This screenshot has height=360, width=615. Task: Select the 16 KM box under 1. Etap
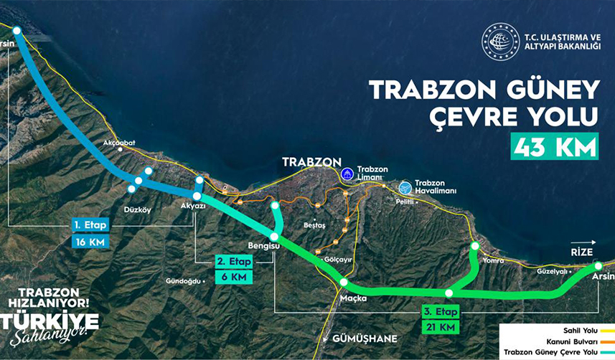point(90,242)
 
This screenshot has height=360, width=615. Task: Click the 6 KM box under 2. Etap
point(234,277)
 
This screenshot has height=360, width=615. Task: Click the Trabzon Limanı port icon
point(347,173)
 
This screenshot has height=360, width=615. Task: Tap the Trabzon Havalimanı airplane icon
point(405,187)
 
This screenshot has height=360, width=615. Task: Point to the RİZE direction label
point(581,252)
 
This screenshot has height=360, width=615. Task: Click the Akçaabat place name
point(119,143)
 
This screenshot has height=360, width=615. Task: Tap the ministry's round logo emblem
point(499,41)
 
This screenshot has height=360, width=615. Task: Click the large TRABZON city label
point(311,162)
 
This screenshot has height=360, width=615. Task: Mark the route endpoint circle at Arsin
point(598,266)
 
